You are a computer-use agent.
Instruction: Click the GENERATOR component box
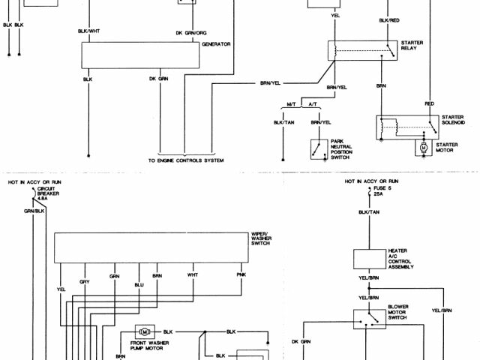[x=142, y=55]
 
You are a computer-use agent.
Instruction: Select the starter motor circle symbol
[x=423, y=148]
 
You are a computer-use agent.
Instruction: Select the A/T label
[x=314, y=103]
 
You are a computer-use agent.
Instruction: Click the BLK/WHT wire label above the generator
[x=88, y=30]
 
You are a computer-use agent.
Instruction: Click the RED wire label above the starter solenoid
[x=429, y=103]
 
